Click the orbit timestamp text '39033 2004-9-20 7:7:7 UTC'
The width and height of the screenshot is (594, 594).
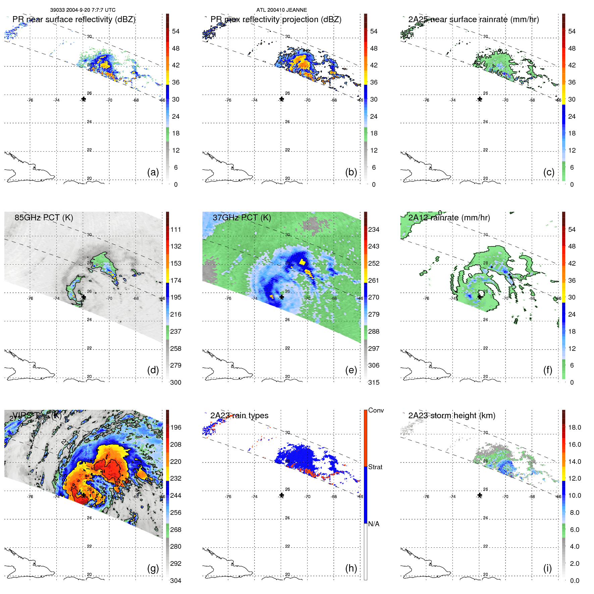point(83,10)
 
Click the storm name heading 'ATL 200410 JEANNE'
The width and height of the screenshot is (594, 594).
point(281,10)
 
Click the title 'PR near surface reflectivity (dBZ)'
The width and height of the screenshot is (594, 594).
point(74,19)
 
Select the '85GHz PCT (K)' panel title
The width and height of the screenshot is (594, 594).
point(44,217)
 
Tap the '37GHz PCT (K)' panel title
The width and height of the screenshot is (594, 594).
point(241,217)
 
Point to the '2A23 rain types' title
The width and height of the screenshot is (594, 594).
point(239,416)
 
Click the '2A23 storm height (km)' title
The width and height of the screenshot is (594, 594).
point(451,416)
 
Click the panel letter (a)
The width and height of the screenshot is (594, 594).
point(153,172)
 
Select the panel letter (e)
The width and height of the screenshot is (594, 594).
point(351,370)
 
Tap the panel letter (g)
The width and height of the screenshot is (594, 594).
point(153,568)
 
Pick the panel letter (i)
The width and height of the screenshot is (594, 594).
point(547,568)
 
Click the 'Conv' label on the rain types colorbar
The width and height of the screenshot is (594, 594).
point(376,410)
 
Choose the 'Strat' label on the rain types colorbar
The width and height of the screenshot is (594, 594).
point(375,467)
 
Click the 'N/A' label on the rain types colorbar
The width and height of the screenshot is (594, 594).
point(374,524)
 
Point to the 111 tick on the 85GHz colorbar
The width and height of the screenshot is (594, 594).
point(176,229)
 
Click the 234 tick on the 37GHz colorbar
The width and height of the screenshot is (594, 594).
point(374,229)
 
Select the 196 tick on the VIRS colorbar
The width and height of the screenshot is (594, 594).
point(176,427)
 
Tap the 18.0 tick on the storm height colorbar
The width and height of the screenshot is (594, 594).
point(574,427)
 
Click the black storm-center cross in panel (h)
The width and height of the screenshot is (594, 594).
point(281,495)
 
